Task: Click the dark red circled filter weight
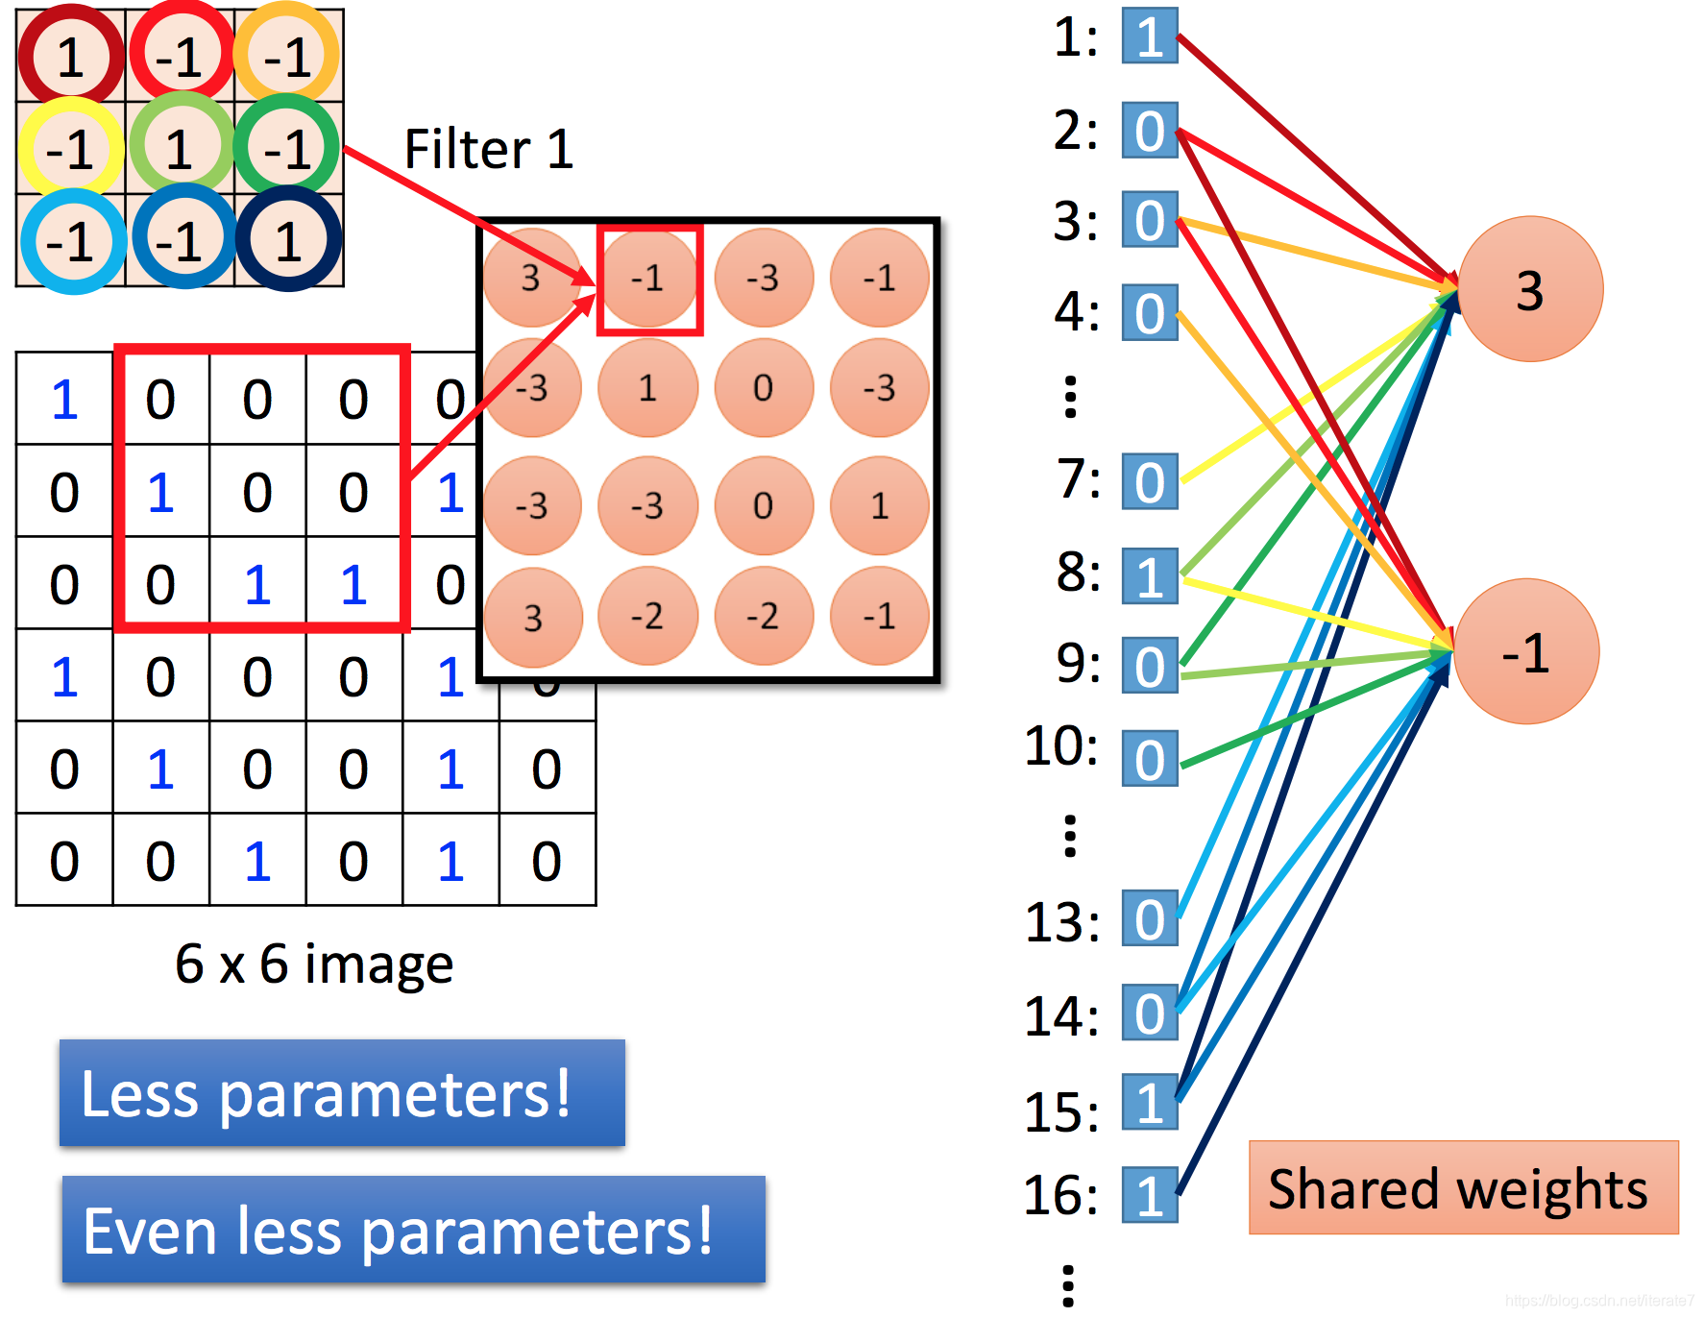(x=70, y=56)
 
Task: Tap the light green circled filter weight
(x=181, y=148)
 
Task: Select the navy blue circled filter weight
(x=288, y=239)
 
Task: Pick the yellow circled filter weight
(x=70, y=148)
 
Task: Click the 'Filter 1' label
(x=488, y=149)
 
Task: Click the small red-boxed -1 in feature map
(x=649, y=279)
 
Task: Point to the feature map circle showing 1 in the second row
(x=647, y=388)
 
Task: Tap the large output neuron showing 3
(x=1530, y=289)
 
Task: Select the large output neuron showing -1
(x=1526, y=652)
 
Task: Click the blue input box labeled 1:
(x=1150, y=37)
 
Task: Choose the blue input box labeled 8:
(x=1150, y=576)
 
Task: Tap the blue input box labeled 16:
(x=1150, y=1195)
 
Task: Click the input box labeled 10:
(x=1150, y=759)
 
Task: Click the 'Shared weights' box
(x=1463, y=1187)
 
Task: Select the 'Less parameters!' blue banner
(x=342, y=1093)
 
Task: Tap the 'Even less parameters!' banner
(x=413, y=1230)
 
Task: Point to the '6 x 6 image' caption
(x=313, y=964)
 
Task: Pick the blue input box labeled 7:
(x=1150, y=481)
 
